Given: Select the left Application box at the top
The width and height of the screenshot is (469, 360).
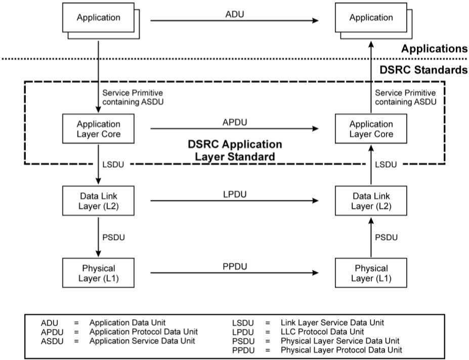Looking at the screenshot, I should point(98,18).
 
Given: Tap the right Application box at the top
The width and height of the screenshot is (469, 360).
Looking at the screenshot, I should point(370,18).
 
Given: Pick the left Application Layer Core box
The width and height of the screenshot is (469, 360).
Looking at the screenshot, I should point(98,129).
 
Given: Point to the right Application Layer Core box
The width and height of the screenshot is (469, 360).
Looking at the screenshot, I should point(370,129).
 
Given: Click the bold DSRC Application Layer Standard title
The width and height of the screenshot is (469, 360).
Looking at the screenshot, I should point(235,150).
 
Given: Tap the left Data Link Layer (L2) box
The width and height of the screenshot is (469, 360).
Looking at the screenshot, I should point(98,201).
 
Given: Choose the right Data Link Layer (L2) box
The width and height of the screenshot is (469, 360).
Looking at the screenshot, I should point(370,201).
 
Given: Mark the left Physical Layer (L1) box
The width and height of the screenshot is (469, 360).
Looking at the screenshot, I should point(98,273).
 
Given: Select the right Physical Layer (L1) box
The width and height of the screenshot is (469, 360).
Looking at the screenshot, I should point(370,273).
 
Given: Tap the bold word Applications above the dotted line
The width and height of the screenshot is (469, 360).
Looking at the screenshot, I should point(434,49).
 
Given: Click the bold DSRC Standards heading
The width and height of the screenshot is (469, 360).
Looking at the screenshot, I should point(424,70).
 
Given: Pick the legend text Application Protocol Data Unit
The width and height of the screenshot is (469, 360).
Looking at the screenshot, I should point(143,331).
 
